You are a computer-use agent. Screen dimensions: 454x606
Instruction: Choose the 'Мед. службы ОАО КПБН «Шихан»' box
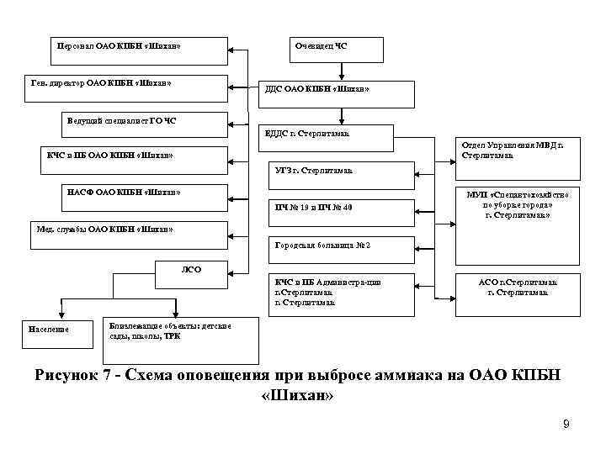click(x=126, y=228)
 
